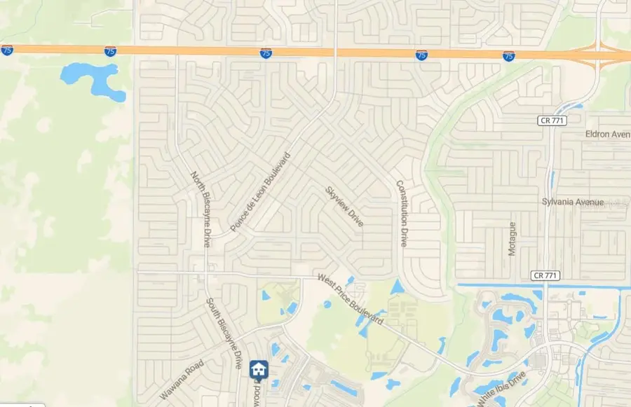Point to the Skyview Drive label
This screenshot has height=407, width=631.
point(344,206)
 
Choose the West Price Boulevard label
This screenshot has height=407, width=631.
point(351,299)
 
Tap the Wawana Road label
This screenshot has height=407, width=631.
point(182,380)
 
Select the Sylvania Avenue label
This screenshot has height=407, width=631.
point(572,202)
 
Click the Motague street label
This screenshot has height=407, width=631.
point(513,239)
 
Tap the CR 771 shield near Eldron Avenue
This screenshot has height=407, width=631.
point(549,121)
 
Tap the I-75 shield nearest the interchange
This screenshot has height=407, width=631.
point(508,56)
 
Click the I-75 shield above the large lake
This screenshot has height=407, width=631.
point(110,52)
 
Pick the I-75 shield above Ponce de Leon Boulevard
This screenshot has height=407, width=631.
point(266,53)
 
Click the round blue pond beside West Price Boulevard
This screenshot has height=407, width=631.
point(327,304)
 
